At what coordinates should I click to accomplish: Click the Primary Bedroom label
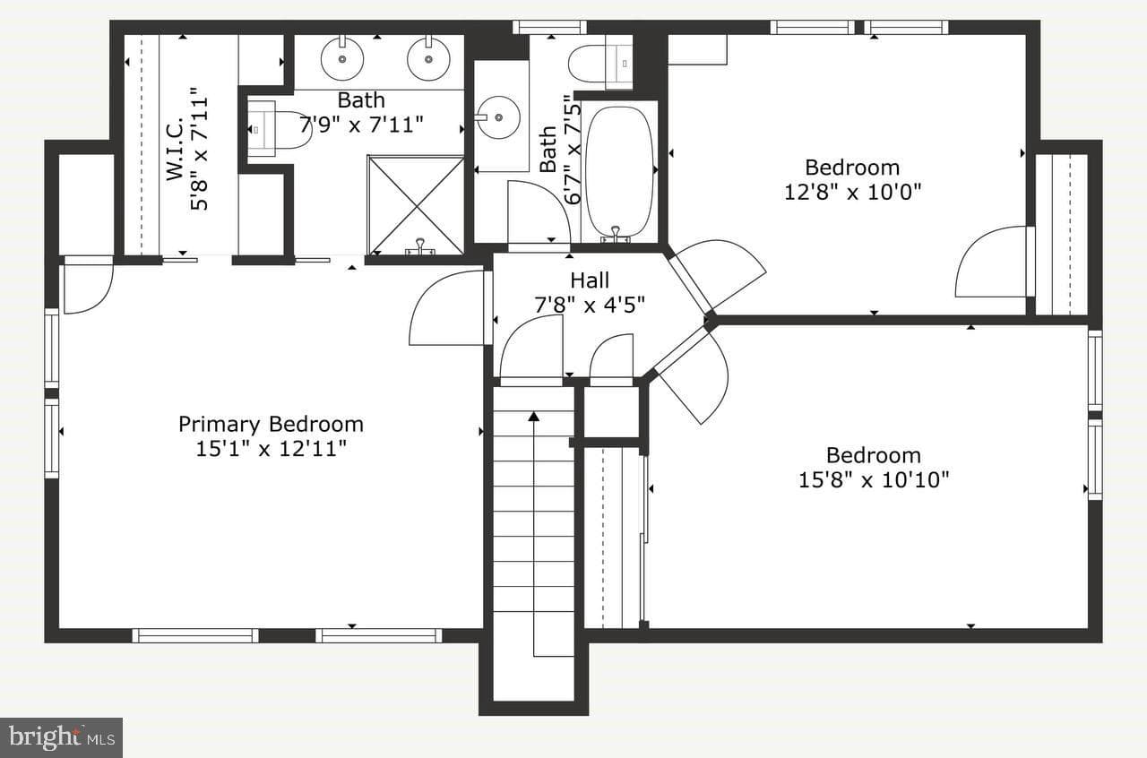tap(271, 425)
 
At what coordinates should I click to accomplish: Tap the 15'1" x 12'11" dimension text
tap(271, 449)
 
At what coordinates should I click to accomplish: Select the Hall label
tap(590, 280)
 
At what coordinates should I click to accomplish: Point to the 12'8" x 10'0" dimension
tap(852, 193)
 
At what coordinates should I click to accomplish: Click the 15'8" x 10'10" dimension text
tap(874, 480)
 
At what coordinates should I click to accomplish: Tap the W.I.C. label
tap(175, 149)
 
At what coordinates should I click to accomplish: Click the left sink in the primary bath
tap(342, 59)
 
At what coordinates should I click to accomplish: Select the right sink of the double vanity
tap(428, 59)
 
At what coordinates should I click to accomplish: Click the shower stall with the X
tap(416, 205)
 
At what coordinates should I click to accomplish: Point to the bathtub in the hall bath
tap(619, 171)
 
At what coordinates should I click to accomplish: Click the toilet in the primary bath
tap(279, 130)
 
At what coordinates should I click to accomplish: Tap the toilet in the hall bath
tap(600, 64)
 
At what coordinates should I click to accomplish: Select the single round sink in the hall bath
tap(497, 117)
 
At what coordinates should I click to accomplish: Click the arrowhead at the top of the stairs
tap(533, 417)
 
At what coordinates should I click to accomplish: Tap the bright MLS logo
tap(62, 737)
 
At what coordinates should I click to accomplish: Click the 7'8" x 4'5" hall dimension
tap(590, 306)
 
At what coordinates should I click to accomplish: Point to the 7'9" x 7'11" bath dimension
tap(361, 125)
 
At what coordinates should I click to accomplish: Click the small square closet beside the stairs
tap(611, 412)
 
